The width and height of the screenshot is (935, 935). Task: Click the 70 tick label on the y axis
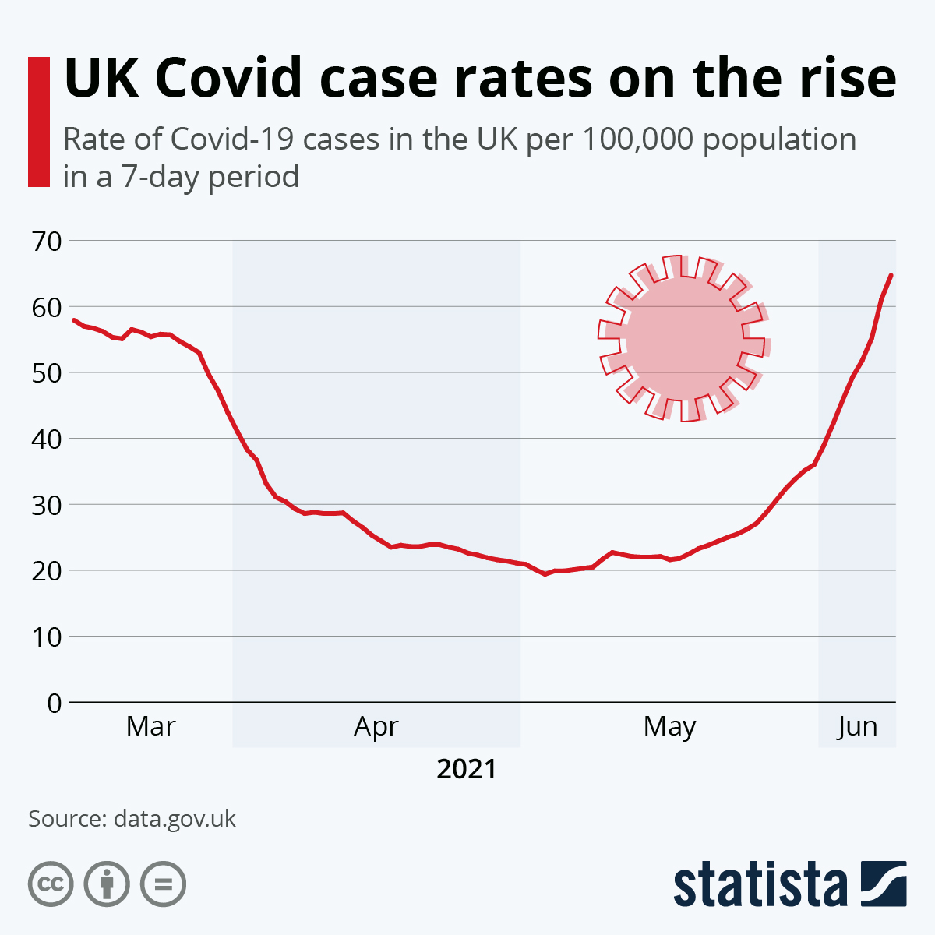point(46,241)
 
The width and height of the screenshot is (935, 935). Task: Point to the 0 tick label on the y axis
point(54,703)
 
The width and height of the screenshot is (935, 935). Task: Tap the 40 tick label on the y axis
point(46,439)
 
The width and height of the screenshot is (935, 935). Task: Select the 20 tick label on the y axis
point(46,570)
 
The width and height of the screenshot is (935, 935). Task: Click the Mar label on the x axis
point(150,726)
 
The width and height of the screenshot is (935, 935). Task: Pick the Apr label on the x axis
point(376,726)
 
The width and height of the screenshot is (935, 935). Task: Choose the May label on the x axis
point(669,726)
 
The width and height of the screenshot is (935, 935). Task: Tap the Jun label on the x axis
point(857,726)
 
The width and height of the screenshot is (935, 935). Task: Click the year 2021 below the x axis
point(466,769)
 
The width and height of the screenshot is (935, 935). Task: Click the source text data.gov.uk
point(175,819)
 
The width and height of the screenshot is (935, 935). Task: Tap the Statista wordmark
point(760,884)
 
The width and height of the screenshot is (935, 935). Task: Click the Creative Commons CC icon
point(51,884)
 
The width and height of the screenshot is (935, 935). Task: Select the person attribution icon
point(107,884)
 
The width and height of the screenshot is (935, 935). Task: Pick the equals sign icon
point(163,884)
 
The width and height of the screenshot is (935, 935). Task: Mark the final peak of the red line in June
point(891,275)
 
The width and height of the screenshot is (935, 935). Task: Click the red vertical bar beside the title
point(38,122)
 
